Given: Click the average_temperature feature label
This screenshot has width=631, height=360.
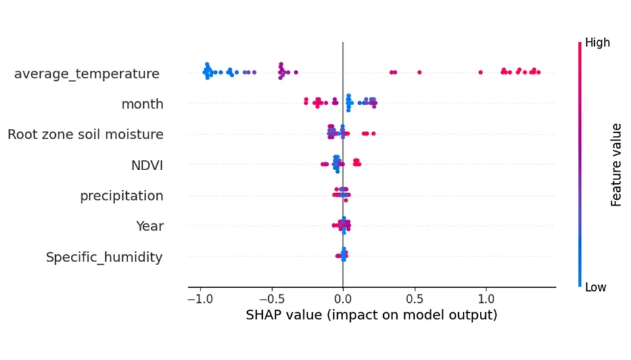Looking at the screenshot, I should tap(86, 74).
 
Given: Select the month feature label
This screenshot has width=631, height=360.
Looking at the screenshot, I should tap(142, 104).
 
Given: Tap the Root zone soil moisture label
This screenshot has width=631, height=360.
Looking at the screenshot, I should tap(85, 135).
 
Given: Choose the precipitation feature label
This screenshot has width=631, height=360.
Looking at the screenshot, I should tap(122, 196).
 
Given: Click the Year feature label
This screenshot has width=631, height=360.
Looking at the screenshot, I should tap(149, 226).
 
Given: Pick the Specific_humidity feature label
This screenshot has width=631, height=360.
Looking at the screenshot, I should tap(104, 257).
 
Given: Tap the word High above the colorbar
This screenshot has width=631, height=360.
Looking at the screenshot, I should tap(597, 43).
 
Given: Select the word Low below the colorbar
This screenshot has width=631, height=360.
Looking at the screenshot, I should tap(596, 287).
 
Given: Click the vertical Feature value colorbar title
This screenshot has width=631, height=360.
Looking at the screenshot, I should tap(616, 164).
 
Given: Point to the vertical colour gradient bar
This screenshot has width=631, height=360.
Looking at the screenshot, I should tap(579, 164).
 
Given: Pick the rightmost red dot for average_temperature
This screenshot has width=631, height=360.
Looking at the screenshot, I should tap(538, 72).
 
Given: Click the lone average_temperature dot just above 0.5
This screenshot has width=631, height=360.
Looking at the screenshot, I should tap(419, 72).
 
